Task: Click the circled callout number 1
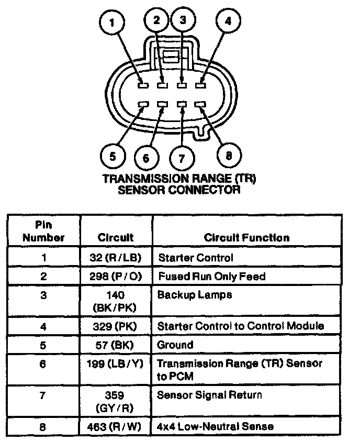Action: (112, 24)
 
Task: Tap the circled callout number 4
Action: (228, 22)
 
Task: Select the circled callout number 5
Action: (112, 156)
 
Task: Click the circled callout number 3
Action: (183, 21)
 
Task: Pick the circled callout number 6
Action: (146, 158)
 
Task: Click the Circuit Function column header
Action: (246, 238)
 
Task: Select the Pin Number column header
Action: (43, 232)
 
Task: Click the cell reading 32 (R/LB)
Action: (116, 258)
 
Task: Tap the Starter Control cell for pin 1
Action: (195, 258)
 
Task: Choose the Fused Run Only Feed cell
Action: (211, 276)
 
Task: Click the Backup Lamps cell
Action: (194, 295)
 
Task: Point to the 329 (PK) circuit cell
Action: (116, 326)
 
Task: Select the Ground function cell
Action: (175, 345)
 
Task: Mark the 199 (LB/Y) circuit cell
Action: (116, 363)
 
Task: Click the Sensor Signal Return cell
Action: (209, 394)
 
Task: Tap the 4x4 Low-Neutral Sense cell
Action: (215, 426)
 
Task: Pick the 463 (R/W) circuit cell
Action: (116, 426)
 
